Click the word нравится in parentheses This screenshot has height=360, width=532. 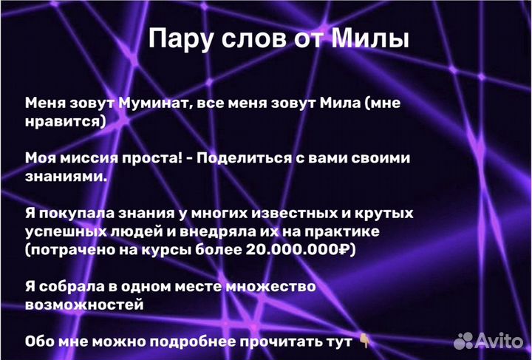click(x=64, y=121)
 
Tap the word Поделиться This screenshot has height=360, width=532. click(x=248, y=158)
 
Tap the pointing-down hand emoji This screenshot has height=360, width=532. click(x=365, y=341)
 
